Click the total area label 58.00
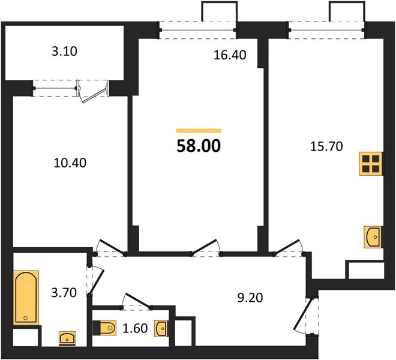199,146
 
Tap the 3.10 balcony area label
64,51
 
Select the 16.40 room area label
230,55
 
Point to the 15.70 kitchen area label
326,146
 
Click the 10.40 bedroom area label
70,163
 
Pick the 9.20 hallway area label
250,298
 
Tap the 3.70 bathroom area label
64,293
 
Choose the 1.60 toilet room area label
135,328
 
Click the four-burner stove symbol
370,163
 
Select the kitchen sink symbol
372,237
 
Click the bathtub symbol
26,298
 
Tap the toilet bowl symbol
104,328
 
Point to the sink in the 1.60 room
161,329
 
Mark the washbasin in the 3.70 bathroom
67,338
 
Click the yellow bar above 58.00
199,131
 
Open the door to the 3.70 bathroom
95,281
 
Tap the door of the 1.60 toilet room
137,301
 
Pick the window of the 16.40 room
198,30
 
